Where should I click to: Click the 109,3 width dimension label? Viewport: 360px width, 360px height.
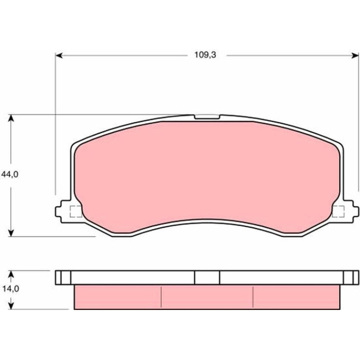point(205,55)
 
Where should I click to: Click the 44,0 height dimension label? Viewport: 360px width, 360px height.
point(10,175)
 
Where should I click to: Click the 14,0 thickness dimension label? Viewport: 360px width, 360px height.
point(11,289)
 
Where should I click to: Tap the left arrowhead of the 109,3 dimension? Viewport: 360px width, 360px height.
point(59,55)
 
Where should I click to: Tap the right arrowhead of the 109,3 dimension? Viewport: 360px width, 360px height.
point(355,55)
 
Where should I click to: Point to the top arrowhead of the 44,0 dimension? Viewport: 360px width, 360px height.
point(11,118)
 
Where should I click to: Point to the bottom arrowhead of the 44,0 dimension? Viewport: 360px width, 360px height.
point(11,233)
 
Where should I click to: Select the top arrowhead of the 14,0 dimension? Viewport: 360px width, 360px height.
point(11,274)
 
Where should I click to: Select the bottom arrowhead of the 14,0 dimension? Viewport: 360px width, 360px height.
point(11,306)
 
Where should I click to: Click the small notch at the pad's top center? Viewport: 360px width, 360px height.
point(207,117)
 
